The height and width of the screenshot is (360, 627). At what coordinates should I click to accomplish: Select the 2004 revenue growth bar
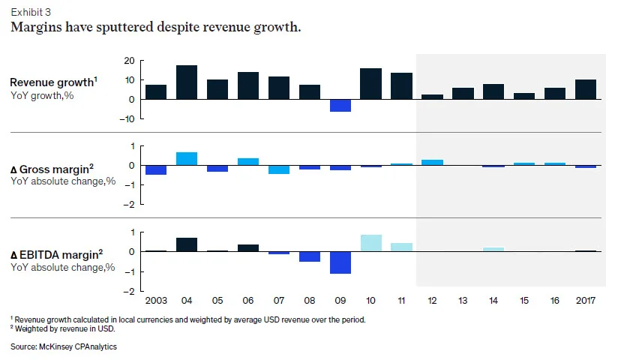coord(187,82)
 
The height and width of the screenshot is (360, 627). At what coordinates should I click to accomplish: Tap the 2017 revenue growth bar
coord(586,89)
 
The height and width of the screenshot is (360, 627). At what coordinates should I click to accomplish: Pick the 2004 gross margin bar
coord(187,159)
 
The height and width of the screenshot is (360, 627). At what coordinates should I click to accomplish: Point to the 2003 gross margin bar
coord(156,170)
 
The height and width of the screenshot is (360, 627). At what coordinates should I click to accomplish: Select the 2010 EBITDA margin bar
coord(370,243)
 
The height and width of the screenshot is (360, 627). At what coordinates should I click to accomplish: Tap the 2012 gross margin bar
coord(433,162)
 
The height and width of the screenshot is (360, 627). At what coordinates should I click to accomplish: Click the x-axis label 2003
coord(156,301)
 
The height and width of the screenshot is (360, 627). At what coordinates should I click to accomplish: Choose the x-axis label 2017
coord(586,301)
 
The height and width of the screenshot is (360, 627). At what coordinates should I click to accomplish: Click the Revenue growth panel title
coord(53,82)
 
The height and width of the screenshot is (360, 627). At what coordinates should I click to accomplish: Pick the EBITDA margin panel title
coord(56,254)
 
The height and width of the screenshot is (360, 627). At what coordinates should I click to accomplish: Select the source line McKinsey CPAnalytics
coord(64,346)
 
